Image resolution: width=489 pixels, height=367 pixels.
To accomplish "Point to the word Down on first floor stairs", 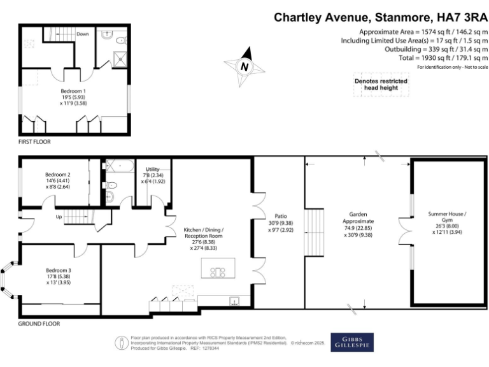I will coord(82,33).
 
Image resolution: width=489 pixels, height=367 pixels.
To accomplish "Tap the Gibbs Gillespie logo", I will coord(352,342).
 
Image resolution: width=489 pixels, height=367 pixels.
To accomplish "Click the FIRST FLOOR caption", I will coord(34,141).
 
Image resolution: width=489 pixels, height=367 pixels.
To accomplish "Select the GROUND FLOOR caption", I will coord(39,324).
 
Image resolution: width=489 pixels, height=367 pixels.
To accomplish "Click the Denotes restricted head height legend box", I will coord(381,84).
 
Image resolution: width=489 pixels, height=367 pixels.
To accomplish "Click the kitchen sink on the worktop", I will coord(234,301).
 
